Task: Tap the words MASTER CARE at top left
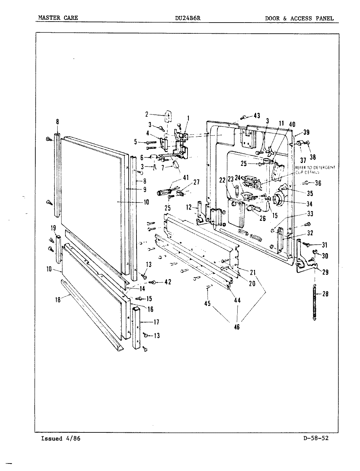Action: (x=58, y=18)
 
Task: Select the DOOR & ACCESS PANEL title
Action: (x=299, y=18)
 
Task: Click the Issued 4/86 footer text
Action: (x=60, y=439)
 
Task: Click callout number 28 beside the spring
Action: (x=325, y=294)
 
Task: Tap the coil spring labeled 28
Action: (x=315, y=302)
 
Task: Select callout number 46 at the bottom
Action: (x=237, y=326)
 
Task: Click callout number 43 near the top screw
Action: (x=256, y=115)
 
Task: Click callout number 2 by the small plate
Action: (x=147, y=114)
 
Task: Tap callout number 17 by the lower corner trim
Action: (x=156, y=322)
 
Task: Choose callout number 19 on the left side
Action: (x=53, y=228)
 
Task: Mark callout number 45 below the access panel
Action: (x=207, y=304)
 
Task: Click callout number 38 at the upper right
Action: (x=313, y=157)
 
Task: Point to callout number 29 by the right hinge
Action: (x=325, y=272)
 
